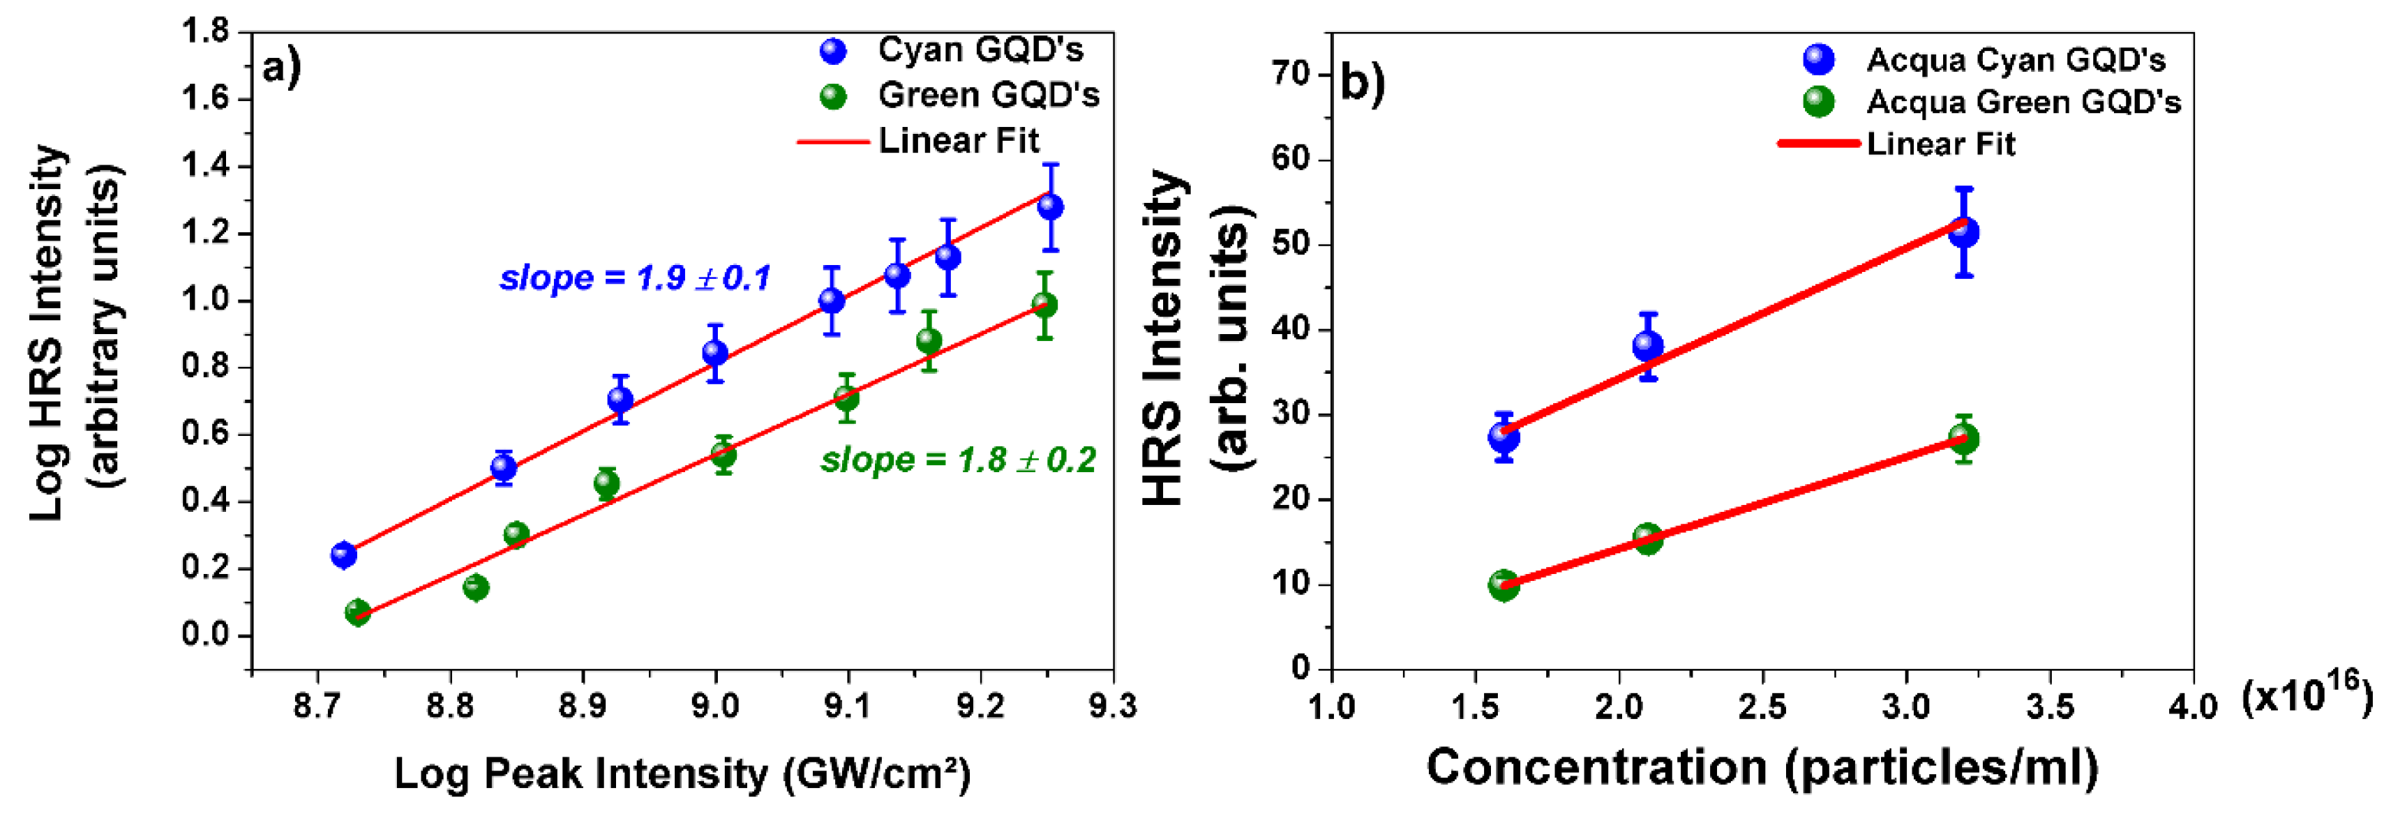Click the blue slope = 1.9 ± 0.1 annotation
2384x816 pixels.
point(635,278)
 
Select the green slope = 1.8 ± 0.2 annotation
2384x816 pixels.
point(958,460)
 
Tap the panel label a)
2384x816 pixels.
point(281,68)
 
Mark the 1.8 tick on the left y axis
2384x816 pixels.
point(204,31)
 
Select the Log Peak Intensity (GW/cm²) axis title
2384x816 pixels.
point(682,773)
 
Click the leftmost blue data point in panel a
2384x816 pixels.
point(343,555)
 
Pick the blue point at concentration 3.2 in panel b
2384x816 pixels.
point(1963,232)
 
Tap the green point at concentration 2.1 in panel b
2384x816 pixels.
point(1647,538)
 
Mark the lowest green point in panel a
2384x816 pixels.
point(357,612)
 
